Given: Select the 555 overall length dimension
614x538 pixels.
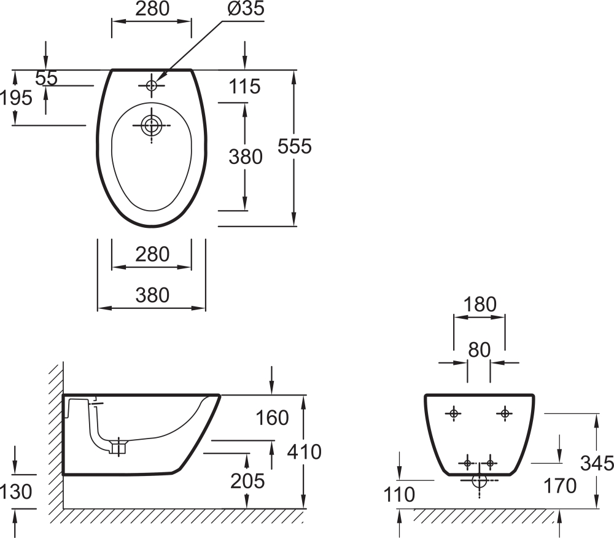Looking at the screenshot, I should (x=295, y=146).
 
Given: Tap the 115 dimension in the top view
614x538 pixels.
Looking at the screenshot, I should (x=245, y=87).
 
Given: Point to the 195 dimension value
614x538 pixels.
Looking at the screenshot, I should (x=16, y=97).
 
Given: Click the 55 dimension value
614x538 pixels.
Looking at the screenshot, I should (x=46, y=78).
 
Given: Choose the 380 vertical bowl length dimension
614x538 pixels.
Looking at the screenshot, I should (x=246, y=157).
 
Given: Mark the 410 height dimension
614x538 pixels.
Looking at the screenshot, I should (x=305, y=452).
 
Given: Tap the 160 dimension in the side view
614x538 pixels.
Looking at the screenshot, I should (x=273, y=418).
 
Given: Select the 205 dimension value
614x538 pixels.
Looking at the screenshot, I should (x=247, y=481).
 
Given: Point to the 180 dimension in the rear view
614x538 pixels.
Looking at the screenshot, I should (x=479, y=305).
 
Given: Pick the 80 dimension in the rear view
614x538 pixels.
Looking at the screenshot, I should (x=479, y=350).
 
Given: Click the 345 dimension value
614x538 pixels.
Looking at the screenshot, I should (x=597, y=463).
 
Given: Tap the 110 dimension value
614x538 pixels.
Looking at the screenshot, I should (x=399, y=494).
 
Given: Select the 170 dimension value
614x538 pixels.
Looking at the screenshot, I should (x=560, y=486).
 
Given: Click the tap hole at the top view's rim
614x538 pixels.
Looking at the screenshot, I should (x=151, y=86).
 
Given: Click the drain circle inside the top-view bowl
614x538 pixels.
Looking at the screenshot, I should (x=151, y=126).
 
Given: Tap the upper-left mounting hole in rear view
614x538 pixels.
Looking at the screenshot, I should (x=454, y=413).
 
